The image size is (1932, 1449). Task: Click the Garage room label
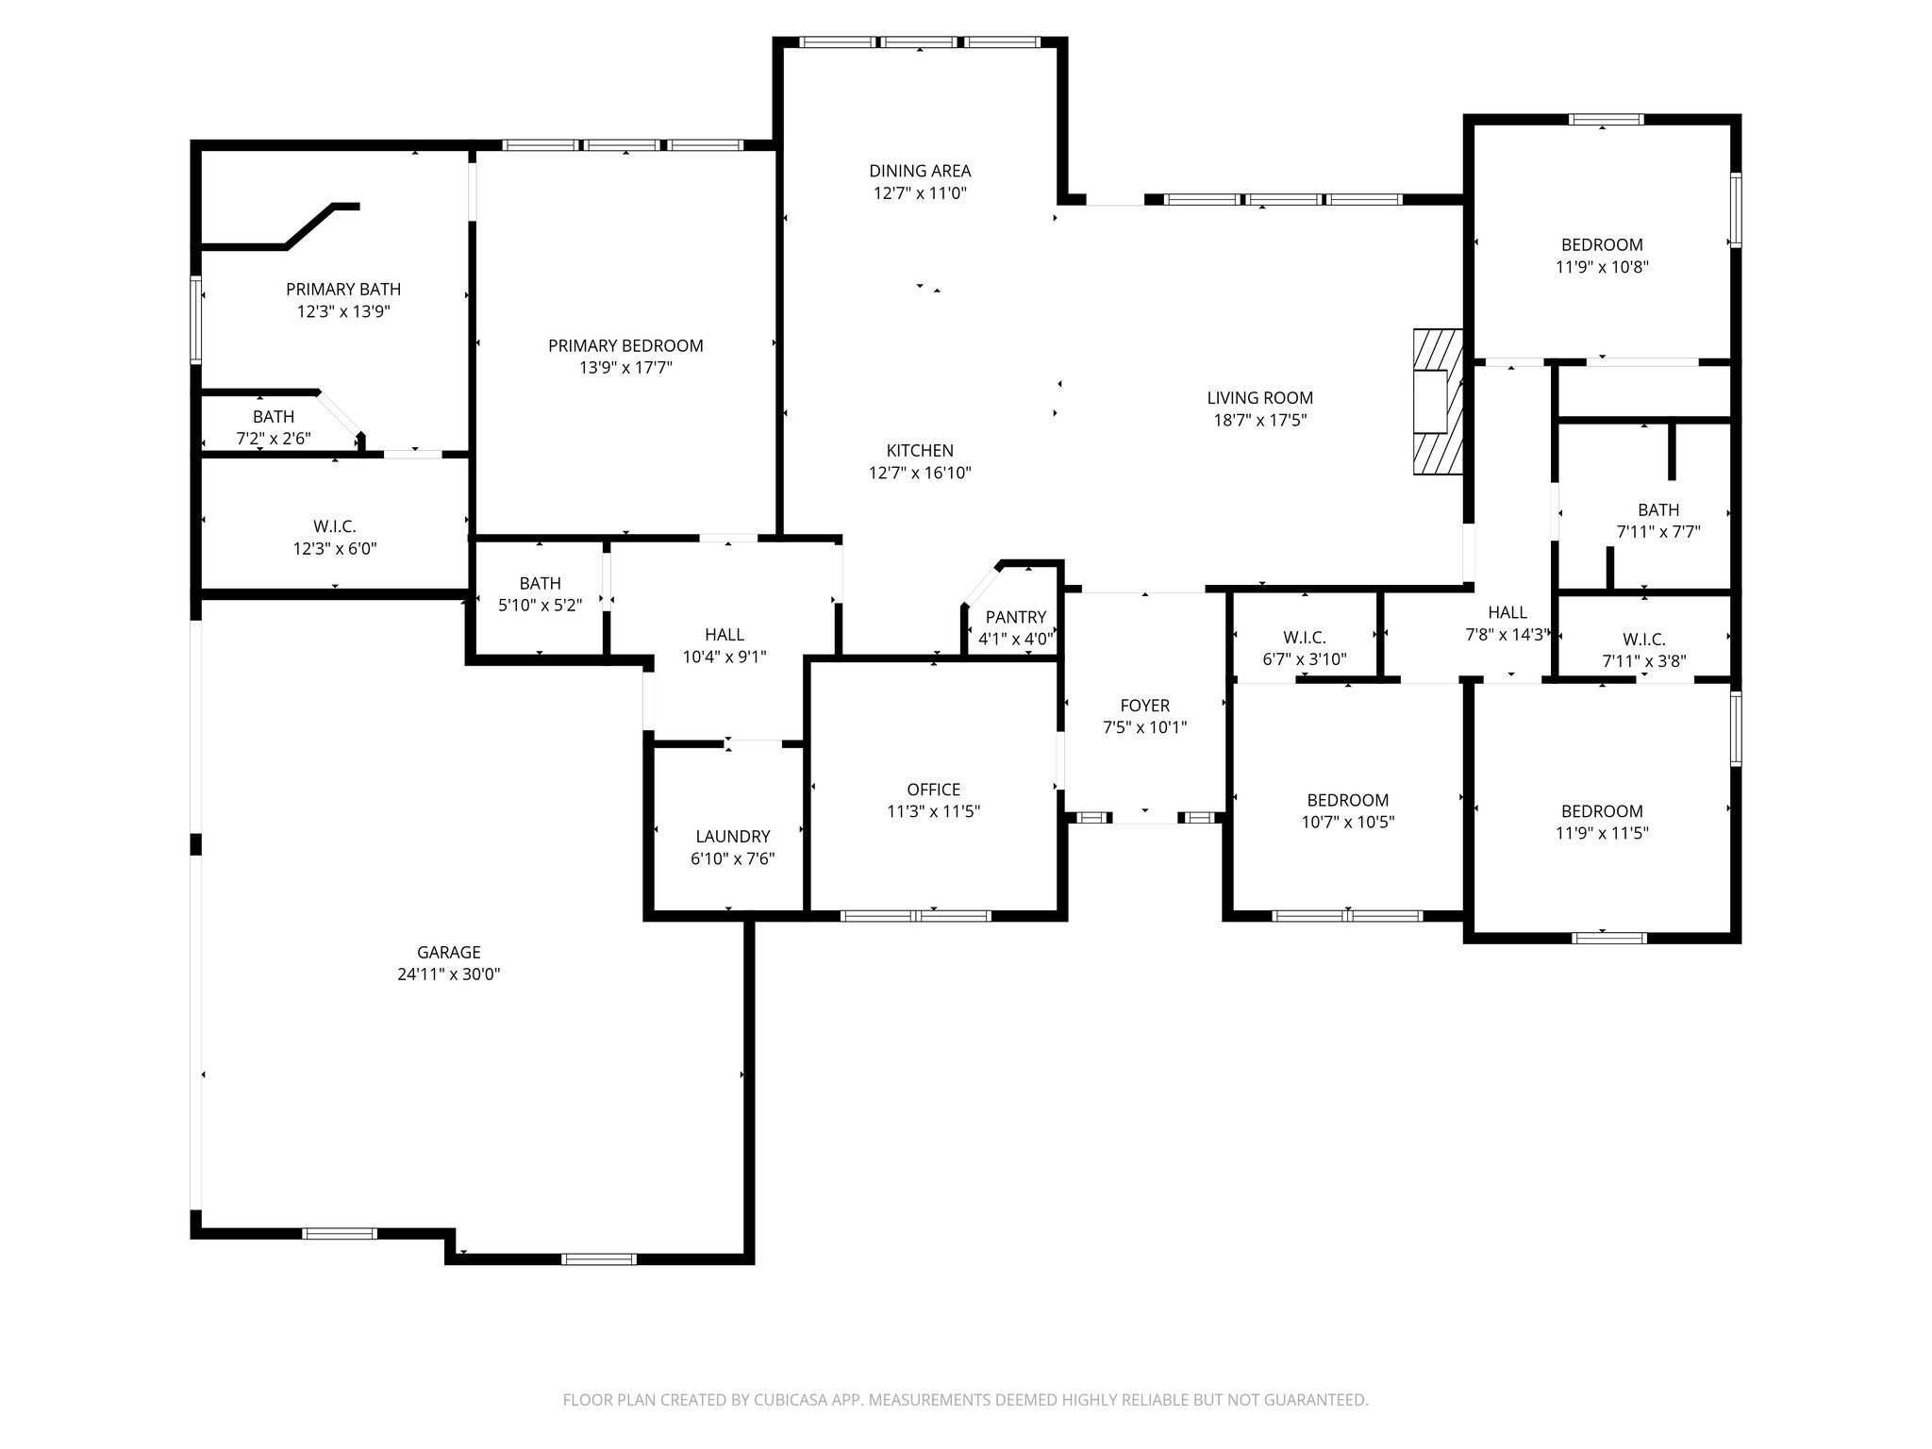(x=449, y=953)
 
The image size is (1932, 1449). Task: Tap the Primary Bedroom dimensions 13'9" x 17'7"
(x=625, y=368)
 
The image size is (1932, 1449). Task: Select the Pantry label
(x=1016, y=617)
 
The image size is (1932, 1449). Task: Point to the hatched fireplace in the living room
(x=1437, y=401)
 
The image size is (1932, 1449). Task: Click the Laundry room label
(x=733, y=837)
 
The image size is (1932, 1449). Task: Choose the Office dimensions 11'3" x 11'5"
(x=934, y=811)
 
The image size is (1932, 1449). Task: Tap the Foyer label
(x=1144, y=706)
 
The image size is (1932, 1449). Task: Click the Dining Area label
(x=920, y=171)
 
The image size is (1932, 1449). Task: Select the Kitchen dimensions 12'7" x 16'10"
(x=920, y=473)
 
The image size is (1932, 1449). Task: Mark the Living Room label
(x=1260, y=398)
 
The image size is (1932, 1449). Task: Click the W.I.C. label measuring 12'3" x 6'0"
(x=335, y=526)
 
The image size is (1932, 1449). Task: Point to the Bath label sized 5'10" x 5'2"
(x=540, y=583)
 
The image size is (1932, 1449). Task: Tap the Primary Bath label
(x=343, y=290)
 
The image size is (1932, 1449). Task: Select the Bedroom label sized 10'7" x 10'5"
(x=1348, y=800)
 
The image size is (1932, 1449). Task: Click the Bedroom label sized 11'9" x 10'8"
(x=1602, y=244)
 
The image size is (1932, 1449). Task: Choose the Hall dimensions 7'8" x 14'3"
(x=1507, y=635)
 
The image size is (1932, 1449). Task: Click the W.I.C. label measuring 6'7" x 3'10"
(x=1305, y=638)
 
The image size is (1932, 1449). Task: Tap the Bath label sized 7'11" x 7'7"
(x=1658, y=509)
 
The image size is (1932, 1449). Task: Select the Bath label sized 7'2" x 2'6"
(x=274, y=416)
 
